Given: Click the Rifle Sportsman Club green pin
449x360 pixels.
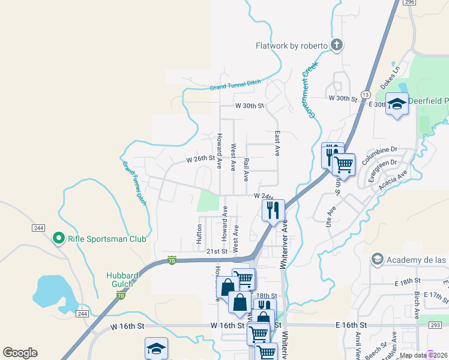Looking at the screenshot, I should pyautogui.click(x=58, y=239).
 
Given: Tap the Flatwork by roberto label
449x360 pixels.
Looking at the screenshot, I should pyautogui.click(x=291, y=46).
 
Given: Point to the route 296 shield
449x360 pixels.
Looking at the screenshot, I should pyautogui.click(x=410, y=2).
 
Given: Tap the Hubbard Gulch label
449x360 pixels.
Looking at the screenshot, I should pyautogui.click(x=122, y=280).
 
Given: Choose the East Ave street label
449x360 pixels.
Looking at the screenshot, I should pyautogui.click(x=277, y=144).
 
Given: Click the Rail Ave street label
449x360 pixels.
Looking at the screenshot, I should pyautogui.click(x=246, y=170).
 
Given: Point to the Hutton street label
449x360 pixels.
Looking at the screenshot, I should pyautogui.click(x=199, y=233).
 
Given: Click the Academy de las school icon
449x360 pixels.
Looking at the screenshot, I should pyautogui.click(x=378, y=259).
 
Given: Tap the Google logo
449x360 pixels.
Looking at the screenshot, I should pyautogui.click(x=20, y=353).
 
